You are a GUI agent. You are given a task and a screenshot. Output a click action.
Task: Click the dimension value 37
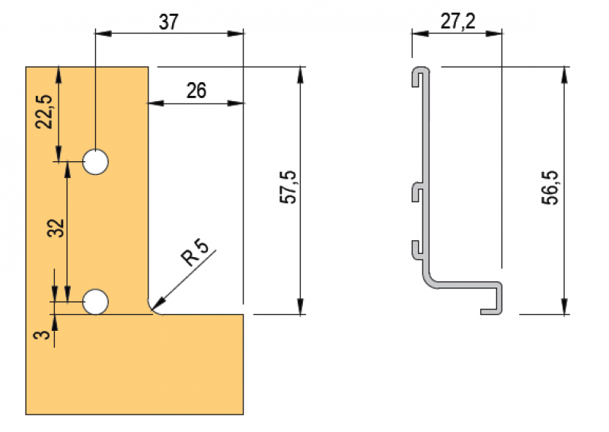[x=169, y=21]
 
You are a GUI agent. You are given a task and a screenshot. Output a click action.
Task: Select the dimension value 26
[x=196, y=91]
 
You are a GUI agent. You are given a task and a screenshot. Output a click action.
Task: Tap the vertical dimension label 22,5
[x=46, y=111]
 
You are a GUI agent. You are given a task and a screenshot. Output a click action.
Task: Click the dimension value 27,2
[x=458, y=21]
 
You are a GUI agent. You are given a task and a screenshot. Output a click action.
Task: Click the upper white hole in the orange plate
[x=95, y=161]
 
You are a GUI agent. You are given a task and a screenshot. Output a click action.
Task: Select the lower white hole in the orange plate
[x=95, y=301]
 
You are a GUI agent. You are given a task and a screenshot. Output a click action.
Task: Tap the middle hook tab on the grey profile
[x=417, y=190]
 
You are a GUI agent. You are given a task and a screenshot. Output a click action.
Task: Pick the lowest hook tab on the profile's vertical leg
[x=417, y=247]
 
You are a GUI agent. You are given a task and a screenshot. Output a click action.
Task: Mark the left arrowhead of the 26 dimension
[x=153, y=103]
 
